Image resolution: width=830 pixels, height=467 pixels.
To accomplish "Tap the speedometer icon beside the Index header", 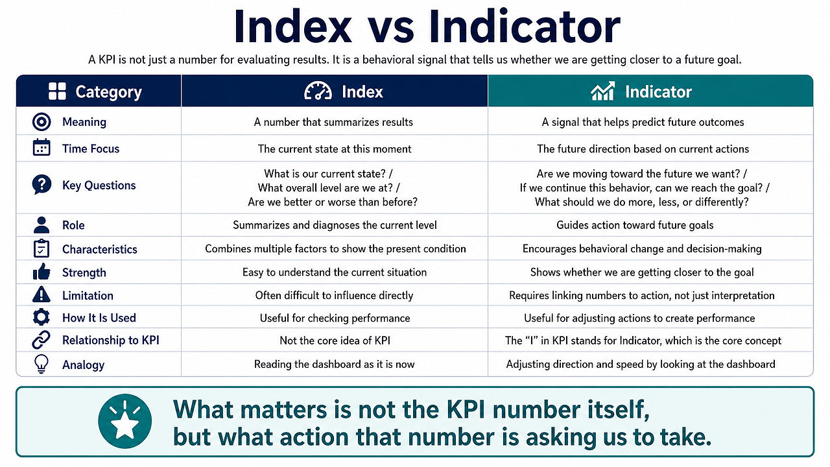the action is pos(318,91).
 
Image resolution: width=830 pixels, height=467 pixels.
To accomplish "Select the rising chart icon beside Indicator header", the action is pos(602,91).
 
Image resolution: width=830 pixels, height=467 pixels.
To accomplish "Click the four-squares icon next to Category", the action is pos(57,91).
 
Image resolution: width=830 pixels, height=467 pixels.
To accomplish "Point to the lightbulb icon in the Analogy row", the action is pos(41,364).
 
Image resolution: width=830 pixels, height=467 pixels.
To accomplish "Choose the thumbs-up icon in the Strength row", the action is pos(41,272).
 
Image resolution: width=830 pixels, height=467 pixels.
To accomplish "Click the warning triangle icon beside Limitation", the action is pos(41,294).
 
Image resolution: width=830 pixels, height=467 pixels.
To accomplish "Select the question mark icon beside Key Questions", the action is pos(41,185).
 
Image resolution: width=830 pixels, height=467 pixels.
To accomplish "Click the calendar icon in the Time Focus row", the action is pos(41,147).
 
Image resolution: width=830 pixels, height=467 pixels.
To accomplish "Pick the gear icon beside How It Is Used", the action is pos(41,317).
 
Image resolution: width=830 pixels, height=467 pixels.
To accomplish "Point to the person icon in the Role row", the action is pos(41,224).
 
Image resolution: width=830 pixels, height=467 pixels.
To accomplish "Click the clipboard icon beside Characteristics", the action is pos(41,248).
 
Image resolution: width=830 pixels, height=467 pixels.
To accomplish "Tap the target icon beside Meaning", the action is pos(41,121).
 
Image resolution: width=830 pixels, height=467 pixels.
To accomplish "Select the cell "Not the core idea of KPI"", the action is pos(335,341).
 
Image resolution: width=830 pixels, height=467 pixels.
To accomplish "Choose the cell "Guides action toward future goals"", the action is pos(635,225).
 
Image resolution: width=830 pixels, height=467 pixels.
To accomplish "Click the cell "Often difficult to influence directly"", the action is pos(334,295).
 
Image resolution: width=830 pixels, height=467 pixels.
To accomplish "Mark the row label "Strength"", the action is pos(84,273).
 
